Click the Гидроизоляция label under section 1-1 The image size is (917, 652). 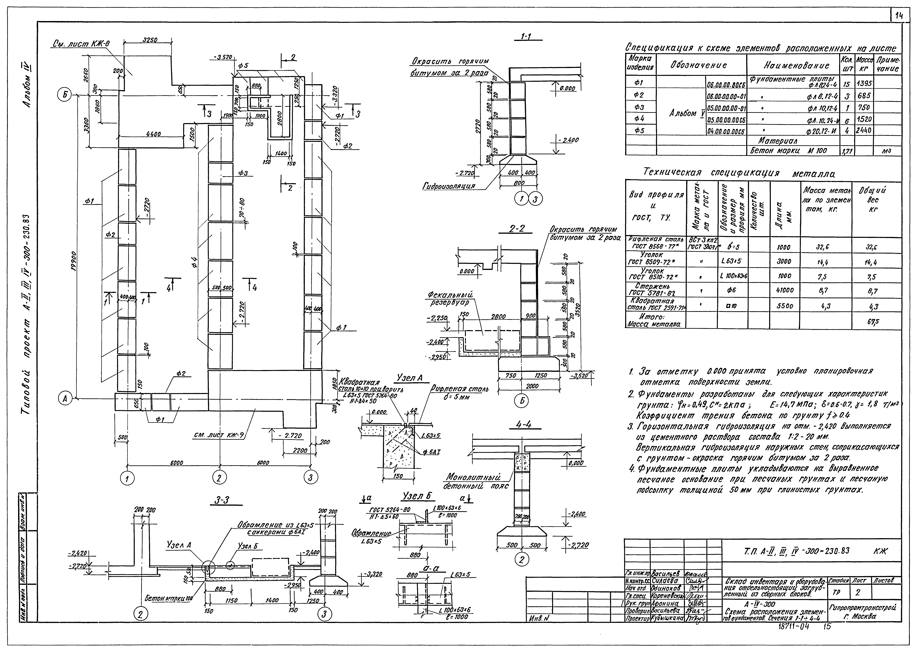click(x=448, y=186)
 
